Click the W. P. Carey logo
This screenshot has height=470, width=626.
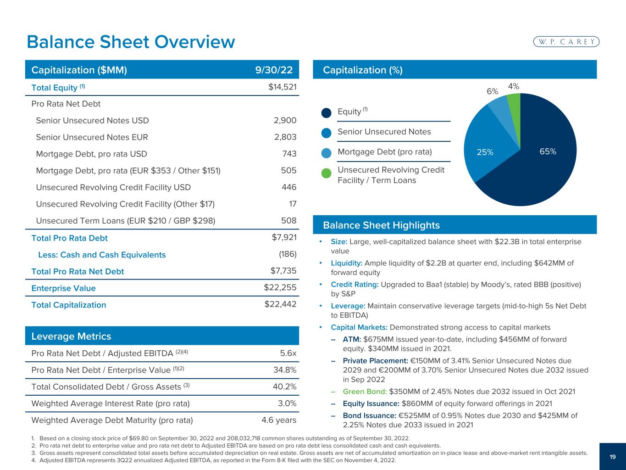566,42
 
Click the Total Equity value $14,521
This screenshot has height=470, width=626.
283,87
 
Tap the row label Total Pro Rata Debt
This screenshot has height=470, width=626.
69,238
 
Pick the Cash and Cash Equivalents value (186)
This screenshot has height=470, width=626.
288,255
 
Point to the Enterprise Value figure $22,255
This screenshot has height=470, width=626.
280,288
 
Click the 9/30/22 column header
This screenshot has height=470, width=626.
274,70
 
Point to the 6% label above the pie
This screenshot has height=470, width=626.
492,91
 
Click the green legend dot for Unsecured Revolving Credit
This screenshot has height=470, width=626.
326,173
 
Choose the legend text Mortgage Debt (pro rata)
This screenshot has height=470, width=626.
385,151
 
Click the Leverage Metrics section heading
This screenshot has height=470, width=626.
71,336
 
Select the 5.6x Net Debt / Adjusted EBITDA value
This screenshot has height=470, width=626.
288,353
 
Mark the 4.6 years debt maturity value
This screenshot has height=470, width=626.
279,420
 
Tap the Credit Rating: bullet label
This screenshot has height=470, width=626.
355,285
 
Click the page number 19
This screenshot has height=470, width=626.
613,456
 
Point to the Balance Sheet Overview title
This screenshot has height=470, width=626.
131,42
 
